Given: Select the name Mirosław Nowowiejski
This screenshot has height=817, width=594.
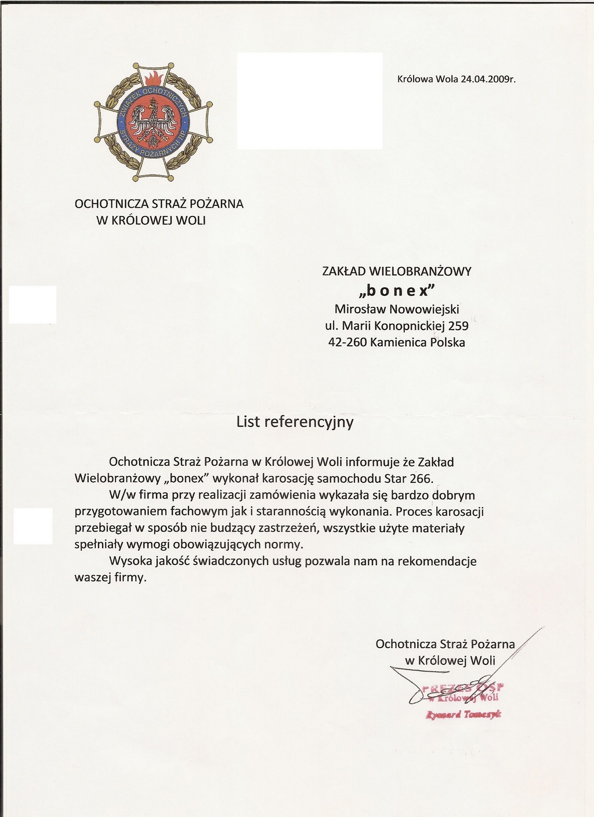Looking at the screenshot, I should [x=397, y=309].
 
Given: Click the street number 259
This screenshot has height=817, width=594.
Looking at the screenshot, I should [x=458, y=326].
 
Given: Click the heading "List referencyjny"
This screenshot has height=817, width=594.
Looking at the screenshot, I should [x=295, y=422].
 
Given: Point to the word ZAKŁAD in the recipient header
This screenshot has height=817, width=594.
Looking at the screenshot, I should [x=344, y=271].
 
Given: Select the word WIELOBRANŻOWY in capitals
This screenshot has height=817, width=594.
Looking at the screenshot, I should [x=421, y=271].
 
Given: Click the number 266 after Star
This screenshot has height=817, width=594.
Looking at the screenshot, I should [x=421, y=479].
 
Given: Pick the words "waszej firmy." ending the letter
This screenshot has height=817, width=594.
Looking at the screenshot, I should [x=111, y=578].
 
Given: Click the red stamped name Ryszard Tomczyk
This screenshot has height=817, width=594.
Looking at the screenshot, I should [x=463, y=714].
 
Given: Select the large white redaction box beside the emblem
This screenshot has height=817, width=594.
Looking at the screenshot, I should [x=309, y=101].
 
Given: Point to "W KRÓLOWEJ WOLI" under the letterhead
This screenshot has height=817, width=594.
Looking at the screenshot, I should [x=151, y=220].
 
